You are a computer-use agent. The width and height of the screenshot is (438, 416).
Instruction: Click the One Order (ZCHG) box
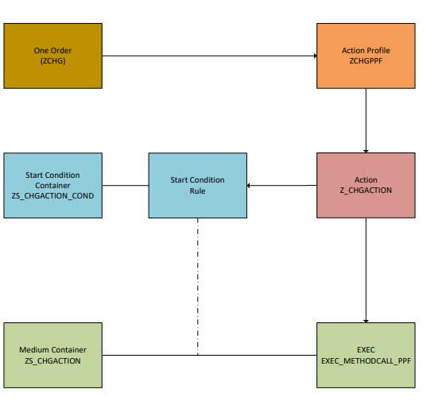pos(52,56)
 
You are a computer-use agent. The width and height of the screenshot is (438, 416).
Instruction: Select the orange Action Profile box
pos(366,56)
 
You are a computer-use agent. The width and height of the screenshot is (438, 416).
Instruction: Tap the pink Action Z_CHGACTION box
pos(366,185)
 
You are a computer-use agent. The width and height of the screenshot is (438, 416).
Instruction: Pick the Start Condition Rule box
pos(198,185)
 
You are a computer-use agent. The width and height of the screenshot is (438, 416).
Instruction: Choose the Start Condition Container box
pos(52,185)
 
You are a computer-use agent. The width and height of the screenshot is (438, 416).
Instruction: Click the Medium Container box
pos(52,355)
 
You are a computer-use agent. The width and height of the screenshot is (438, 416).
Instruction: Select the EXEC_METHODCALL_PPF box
pos(366,355)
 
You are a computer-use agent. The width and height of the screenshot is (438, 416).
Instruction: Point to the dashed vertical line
pos(198,287)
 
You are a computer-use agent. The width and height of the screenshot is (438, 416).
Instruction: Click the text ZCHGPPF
pos(366,61)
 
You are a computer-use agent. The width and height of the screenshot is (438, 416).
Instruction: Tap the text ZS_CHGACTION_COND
pos(52,196)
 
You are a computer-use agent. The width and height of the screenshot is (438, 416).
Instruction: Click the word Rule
pos(197,191)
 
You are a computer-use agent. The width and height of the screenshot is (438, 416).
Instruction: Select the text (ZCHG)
pos(52,61)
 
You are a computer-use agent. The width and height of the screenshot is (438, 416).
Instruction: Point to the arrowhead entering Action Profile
pos(316,56)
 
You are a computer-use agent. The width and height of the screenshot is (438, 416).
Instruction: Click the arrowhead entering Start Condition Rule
pos(249,186)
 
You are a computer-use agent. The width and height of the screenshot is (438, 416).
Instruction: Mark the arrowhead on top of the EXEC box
pos(366,322)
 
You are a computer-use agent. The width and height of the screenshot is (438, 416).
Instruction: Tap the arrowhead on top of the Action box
pos(366,152)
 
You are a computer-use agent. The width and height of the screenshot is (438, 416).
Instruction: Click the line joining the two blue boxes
pos(126,185)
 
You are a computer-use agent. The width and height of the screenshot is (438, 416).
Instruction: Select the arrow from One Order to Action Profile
pos(210,56)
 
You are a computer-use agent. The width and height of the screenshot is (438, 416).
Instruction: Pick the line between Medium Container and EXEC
pos(210,355)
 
